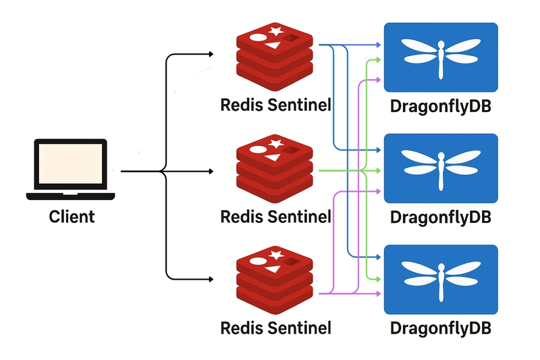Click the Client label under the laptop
pyautogui.click(x=72, y=217)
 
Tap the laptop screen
pyautogui.click(x=71, y=163)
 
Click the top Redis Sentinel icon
pyautogui.click(x=275, y=57)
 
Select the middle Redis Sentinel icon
pyautogui.click(x=275, y=168)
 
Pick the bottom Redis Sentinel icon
pyautogui.click(x=275, y=280)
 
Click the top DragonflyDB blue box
pyautogui.click(x=441, y=57)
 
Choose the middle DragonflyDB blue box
pyautogui.click(x=441, y=168)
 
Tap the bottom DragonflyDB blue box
pyautogui.click(x=441, y=280)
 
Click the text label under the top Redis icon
pyautogui.click(x=275, y=105)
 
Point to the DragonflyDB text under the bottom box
pyautogui.click(x=441, y=328)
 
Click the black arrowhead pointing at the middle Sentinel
pyautogui.click(x=211, y=171)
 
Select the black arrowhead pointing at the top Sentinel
pyautogui.click(x=211, y=54)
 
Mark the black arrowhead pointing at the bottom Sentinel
pyautogui.click(x=211, y=279)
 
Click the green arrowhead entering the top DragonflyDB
pyautogui.click(x=378, y=60)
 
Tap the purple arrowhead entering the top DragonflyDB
pyautogui.click(x=378, y=80)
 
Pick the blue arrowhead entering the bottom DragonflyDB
pyautogui.click(x=378, y=257)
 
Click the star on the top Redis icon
pyautogui.click(x=276, y=30)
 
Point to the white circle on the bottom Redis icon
pyautogui.click(x=258, y=261)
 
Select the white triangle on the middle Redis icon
pyautogui.click(x=273, y=157)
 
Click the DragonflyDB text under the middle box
pyautogui.click(x=441, y=217)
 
